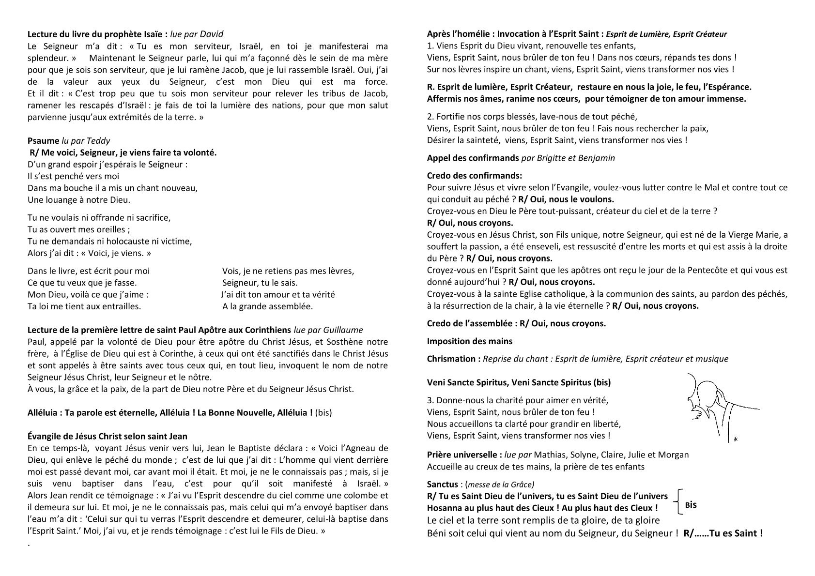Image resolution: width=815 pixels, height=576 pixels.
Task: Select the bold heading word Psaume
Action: pos(44,141)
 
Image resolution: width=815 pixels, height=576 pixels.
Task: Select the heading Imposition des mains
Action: pos(469,341)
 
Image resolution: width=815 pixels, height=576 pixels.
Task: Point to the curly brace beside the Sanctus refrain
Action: pos(678,501)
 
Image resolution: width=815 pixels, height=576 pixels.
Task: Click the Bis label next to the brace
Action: pos(691,505)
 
